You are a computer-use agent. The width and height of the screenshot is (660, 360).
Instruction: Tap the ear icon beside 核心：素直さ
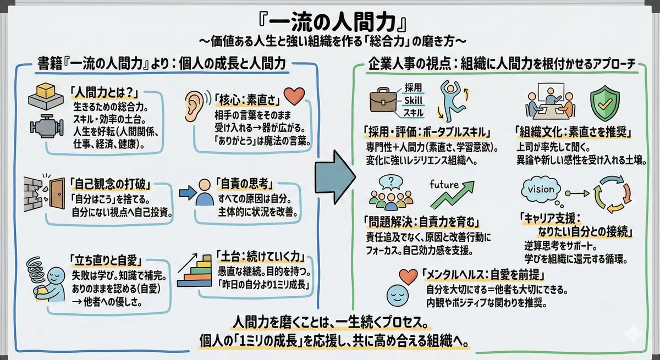pos(195,106)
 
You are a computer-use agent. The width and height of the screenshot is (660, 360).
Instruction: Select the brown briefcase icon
pos(383,100)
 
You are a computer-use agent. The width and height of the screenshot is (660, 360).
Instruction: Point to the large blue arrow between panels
pos(335,177)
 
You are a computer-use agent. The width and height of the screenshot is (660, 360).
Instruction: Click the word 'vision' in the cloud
pos(541,189)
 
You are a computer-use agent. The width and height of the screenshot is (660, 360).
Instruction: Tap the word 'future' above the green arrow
pos(444,185)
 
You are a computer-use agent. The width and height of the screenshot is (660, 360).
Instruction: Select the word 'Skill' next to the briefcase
pos(413,101)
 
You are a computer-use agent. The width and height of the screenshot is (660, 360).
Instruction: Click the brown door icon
pos(57,193)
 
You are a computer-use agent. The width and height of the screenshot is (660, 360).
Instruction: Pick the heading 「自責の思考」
pos(245,184)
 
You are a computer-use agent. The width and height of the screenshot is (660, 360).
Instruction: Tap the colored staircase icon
pos(195,270)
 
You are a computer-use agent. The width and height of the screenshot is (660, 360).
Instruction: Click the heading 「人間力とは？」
pos(105,93)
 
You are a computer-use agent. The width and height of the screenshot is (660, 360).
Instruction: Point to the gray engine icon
pos(47,128)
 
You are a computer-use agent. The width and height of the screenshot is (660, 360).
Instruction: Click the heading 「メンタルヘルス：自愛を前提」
pos(483,275)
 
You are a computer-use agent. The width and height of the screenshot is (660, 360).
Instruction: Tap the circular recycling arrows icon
pos(612,193)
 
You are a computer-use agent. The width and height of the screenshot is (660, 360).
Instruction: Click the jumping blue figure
pos(453,101)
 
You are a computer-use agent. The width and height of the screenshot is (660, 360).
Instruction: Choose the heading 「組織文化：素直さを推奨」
pos(574,132)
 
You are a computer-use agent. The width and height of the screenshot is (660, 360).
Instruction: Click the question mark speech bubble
pos(391,182)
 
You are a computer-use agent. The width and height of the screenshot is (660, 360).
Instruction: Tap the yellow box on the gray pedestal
pos(46,91)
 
